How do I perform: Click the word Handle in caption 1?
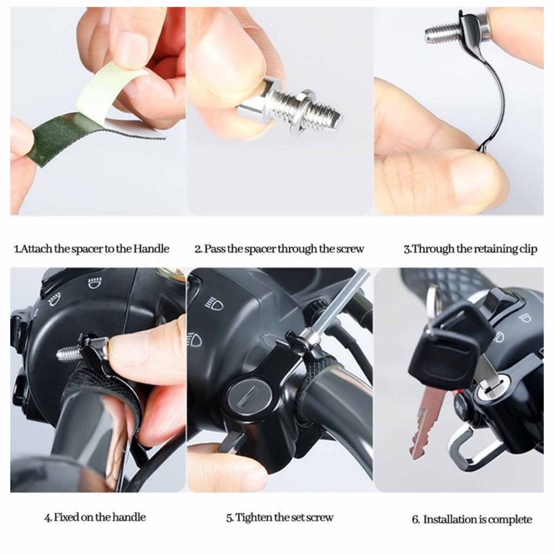click(x=151, y=249)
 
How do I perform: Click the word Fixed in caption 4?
click(x=67, y=517)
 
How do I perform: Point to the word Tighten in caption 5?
click(x=254, y=518)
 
